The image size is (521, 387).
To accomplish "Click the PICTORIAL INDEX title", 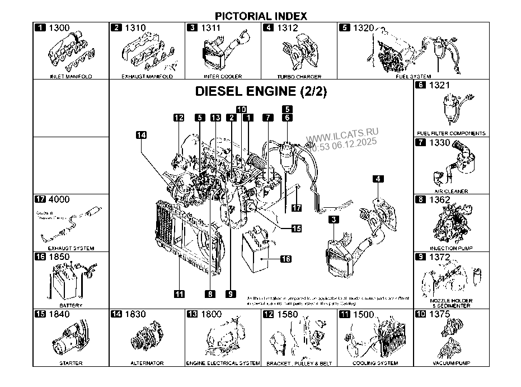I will tap(261, 16).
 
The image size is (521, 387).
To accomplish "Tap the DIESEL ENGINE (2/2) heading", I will tap(260, 92).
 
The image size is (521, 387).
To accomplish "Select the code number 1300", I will tap(59, 27).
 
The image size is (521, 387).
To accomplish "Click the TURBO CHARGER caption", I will tap(299, 76).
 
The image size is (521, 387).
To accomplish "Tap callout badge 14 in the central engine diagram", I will tap(141, 135).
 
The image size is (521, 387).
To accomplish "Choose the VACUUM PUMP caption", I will tap(451, 363).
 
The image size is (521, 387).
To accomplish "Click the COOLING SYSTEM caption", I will tap(375, 363).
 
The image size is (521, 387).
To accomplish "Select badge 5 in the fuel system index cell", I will tap(344, 27).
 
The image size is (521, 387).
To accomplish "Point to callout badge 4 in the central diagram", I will tap(379, 179).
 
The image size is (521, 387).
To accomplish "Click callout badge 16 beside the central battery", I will tap(285, 259).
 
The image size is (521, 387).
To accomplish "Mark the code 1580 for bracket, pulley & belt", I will tap(288, 315).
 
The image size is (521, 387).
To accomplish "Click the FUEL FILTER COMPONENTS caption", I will tap(451, 134).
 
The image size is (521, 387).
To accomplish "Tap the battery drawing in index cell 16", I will tap(66, 282).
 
